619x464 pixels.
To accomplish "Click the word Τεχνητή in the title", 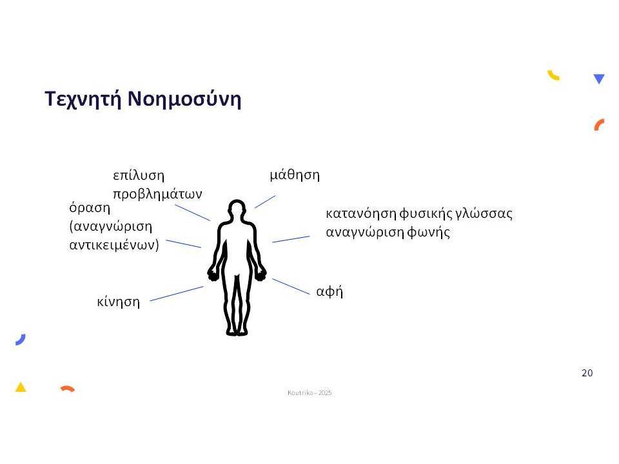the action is click(83, 99).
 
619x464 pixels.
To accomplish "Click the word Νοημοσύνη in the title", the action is click(184, 99).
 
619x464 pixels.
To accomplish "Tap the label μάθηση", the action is click(295, 175).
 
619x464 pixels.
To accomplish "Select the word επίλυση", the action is click(139, 175).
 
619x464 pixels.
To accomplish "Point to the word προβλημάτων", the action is click(157, 194).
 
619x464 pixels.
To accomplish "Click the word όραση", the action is click(90, 208).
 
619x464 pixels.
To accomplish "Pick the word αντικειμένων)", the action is click(114, 245).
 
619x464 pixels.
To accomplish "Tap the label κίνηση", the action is click(119, 302).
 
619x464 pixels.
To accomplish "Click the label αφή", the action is click(329, 291).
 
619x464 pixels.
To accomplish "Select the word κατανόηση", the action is click(361, 214).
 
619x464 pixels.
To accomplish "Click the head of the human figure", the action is click(237, 208).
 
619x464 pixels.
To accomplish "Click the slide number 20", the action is click(587, 373).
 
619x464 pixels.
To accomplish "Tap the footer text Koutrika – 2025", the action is click(309, 392).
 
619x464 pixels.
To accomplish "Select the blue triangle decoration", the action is click(599, 78).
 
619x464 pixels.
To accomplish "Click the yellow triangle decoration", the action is click(21, 388).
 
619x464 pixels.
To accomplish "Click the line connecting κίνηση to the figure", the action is click(177, 294).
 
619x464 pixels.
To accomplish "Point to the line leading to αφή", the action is click(291, 286).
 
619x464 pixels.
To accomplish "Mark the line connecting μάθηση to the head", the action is click(265, 202).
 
